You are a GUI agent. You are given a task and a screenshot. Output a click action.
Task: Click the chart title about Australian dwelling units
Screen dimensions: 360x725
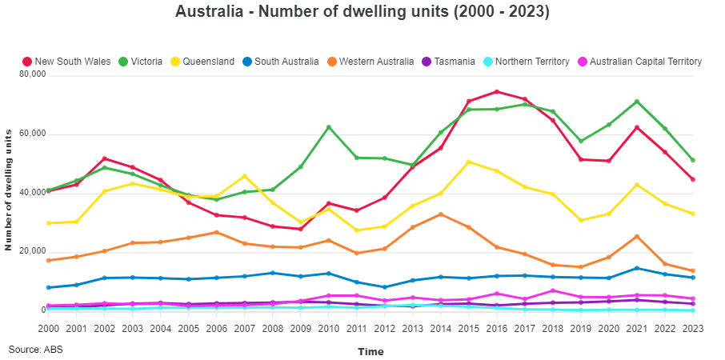click(x=362, y=12)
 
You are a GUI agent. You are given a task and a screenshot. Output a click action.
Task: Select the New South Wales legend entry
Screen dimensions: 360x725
click(x=67, y=62)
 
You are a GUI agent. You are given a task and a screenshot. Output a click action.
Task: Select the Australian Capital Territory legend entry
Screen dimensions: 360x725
click(x=639, y=62)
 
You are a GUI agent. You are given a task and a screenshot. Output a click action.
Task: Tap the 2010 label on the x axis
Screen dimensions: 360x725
click(x=328, y=328)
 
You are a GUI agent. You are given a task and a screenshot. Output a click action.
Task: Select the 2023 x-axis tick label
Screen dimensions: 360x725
click(x=692, y=328)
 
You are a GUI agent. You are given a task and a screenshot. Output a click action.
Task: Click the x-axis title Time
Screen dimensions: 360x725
click(x=371, y=351)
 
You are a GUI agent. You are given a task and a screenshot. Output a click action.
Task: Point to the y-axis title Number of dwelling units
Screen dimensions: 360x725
click(x=10, y=193)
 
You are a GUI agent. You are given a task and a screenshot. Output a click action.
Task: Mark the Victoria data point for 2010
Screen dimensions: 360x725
click(x=328, y=127)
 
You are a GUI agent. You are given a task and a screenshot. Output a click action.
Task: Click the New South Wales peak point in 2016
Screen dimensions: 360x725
click(x=496, y=91)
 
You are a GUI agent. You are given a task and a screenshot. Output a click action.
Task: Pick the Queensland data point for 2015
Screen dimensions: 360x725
click(x=468, y=162)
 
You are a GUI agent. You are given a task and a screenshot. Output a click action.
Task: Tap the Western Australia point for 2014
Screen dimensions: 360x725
click(x=440, y=214)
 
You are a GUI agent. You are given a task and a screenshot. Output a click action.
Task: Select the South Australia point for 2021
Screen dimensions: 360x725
click(x=636, y=268)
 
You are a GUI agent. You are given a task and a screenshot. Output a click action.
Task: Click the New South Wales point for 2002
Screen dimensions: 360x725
click(x=104, y=158)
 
